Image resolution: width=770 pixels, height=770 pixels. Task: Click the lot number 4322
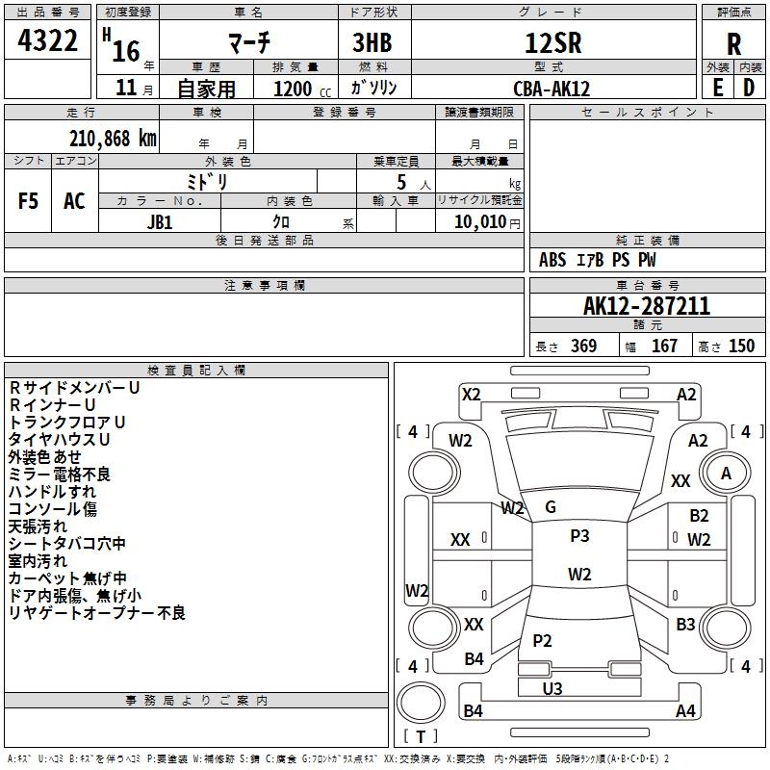[x=47, y=40]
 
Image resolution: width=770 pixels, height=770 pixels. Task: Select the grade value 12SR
[x=553, y=42]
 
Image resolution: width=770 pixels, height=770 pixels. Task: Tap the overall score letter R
[x=733, y=44]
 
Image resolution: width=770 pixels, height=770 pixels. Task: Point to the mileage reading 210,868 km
[x=113, y=139]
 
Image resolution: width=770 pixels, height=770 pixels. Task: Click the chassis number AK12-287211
[x=646, y=306]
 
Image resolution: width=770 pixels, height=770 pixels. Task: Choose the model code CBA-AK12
[x=552, y=89]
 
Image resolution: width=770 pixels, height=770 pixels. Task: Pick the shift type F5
[x=28, y=201]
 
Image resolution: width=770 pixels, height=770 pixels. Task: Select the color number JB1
[x=160, y=222]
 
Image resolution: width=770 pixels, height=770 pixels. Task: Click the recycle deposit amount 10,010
[x=480, y=222]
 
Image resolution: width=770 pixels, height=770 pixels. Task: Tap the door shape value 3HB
[x=372, y=42]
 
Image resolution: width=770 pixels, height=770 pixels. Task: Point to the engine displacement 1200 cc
[x=302, y=90]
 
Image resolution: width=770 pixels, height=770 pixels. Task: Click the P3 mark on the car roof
[x=579, y=535]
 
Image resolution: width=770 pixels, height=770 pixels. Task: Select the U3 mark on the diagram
[x=552, y=688]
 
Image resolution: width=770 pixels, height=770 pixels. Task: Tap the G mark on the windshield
[x=551, y=507]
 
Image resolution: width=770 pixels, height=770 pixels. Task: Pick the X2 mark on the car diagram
[x=471, y=395]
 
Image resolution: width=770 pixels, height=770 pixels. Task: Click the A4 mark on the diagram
[x=685, y=710]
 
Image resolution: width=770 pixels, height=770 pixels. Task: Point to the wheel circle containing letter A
[x=726, y=473]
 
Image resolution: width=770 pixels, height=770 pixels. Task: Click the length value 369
[x=583, y=346]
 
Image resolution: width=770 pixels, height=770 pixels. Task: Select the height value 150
[x=741, y=346]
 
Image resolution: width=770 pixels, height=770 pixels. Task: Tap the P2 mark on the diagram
[x=542, y=640]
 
